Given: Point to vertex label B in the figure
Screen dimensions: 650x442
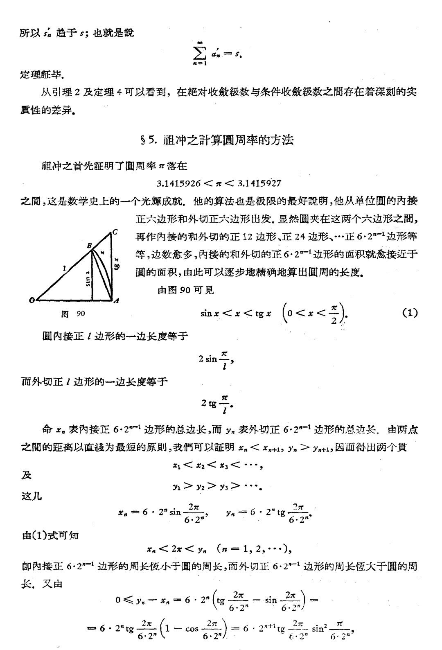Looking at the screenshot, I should point(89,246).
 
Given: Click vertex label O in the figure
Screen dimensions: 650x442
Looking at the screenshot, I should point(32,300).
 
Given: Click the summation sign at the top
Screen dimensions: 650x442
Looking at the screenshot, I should point(200,53).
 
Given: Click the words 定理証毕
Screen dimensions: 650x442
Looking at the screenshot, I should point(42,75).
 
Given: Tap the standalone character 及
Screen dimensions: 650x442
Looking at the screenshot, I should point(26,476).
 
